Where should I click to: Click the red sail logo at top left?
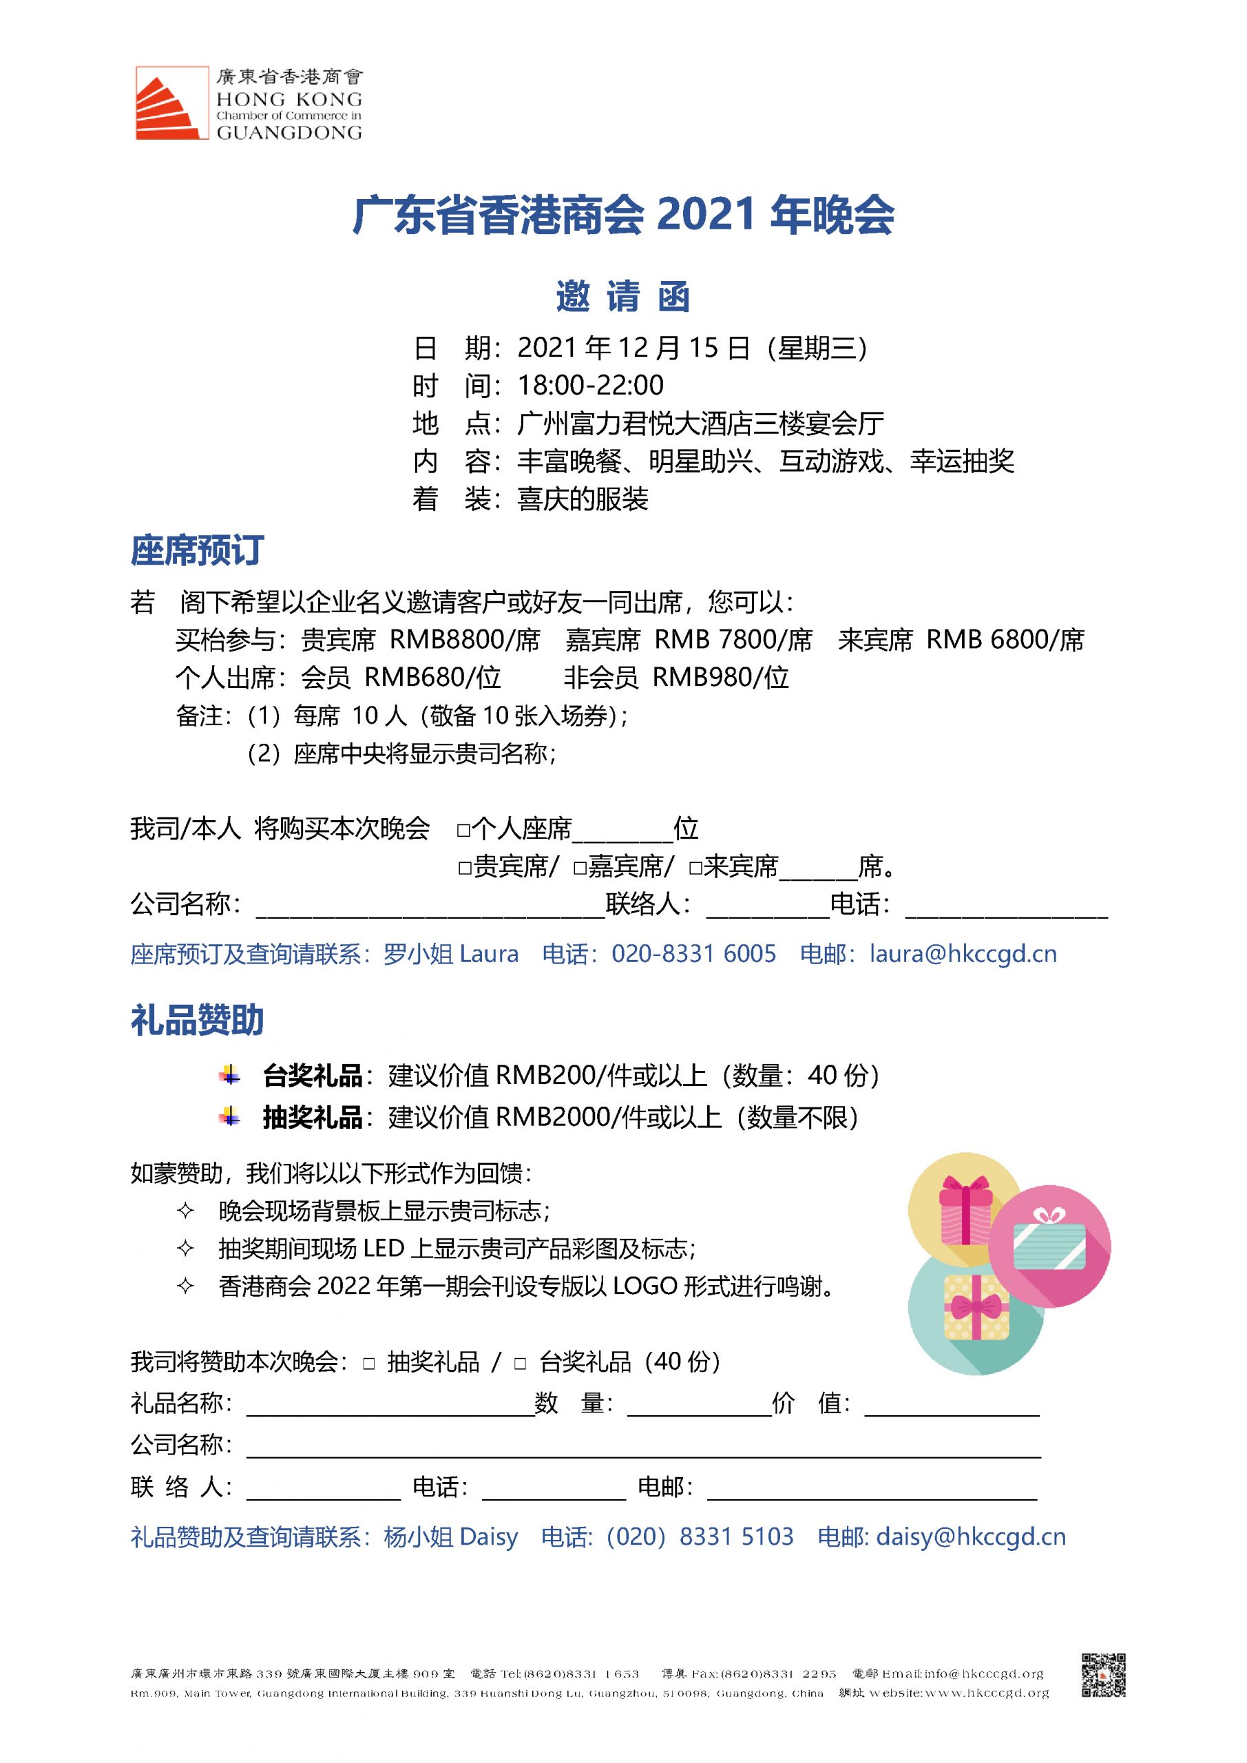coord(171,104)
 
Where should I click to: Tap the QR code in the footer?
coord(1103,1674)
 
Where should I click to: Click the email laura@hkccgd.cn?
coord(963,954)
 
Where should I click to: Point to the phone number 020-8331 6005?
coord(693,954)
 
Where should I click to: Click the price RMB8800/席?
coord(465,640)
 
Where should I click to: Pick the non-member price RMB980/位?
coord(720,677)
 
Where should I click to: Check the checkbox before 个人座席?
coord(463,830)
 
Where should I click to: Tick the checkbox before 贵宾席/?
coord(464,868)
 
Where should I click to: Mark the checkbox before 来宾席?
coord(695,868)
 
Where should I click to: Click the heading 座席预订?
coord(198,550)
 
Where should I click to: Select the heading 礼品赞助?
coord(198,1021)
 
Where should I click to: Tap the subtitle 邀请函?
coord(622,296)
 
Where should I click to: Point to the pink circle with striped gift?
coord(1049,1246)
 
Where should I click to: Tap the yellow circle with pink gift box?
coord(965,1209)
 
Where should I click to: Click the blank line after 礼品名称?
coord(389,1404)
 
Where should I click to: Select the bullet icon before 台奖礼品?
coord(229,1075)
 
